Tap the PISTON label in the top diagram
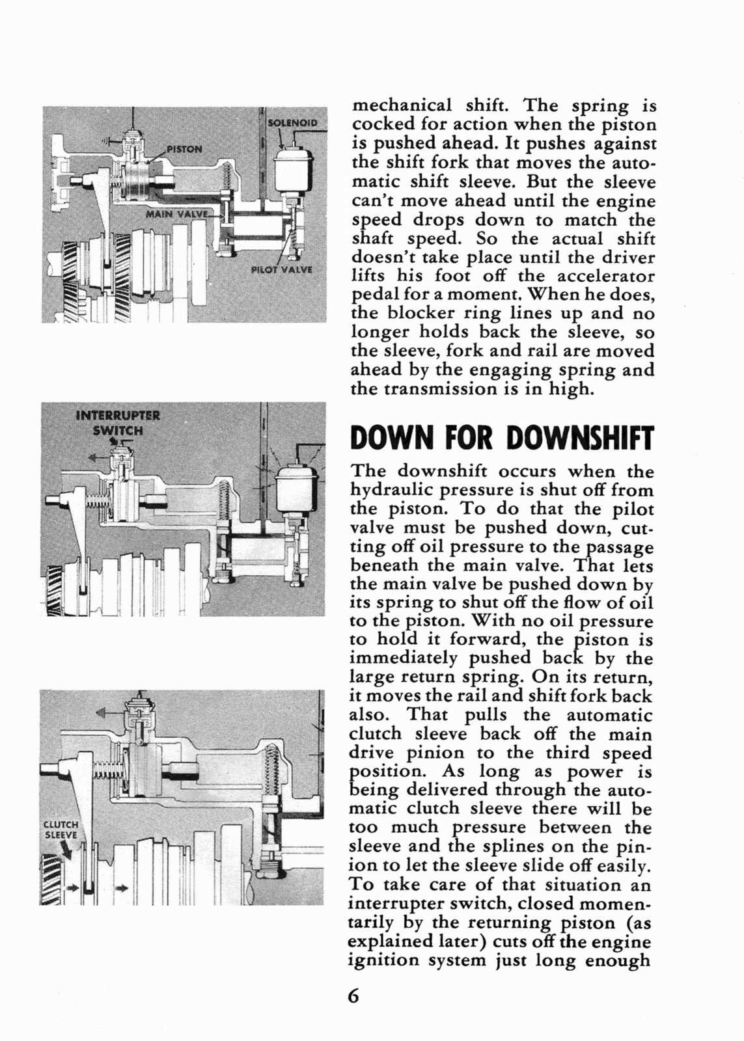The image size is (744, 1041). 184,148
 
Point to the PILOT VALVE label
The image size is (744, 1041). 282,269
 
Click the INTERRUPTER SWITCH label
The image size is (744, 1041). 117,422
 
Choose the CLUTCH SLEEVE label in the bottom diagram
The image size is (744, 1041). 61,830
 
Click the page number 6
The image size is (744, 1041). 353,996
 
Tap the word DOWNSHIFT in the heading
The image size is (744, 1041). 579,438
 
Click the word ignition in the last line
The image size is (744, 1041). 383,960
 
